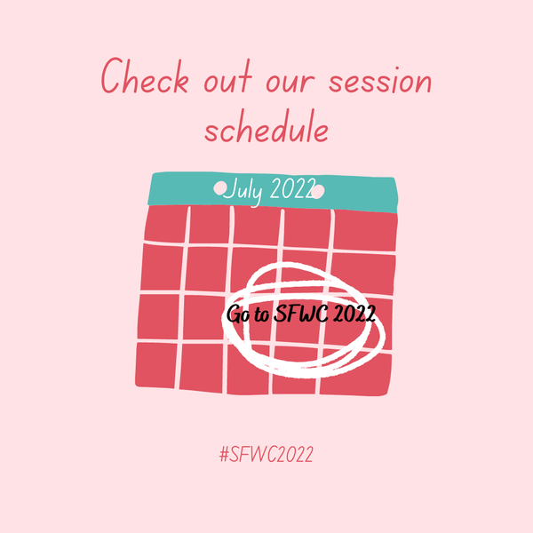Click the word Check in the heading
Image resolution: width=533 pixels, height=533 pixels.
[145, 76]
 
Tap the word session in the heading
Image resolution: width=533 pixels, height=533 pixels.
[380, 80]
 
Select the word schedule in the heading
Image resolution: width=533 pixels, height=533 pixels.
[266, 126]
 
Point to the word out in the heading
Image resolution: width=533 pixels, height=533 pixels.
[228, 76]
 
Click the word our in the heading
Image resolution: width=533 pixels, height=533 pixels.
[290, 83]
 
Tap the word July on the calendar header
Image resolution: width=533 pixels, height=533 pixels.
[243, 190]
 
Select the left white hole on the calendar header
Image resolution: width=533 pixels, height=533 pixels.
[220, 188]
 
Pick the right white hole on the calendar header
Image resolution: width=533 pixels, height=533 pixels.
[317, 192]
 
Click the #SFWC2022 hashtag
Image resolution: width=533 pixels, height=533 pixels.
[266, 455]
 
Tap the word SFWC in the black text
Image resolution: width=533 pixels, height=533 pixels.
[301, 314]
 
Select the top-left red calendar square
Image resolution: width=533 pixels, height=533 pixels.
[165, 224]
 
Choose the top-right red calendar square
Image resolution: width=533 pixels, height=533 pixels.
[365, 230]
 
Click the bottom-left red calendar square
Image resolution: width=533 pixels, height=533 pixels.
[155, 365]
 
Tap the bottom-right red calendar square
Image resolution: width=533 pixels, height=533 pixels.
[355, 374]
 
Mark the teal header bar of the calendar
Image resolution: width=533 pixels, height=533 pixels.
[273, 193]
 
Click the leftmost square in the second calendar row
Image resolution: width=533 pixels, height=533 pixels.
[162, 267]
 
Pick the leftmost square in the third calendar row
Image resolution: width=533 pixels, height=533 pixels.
[158, 317]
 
